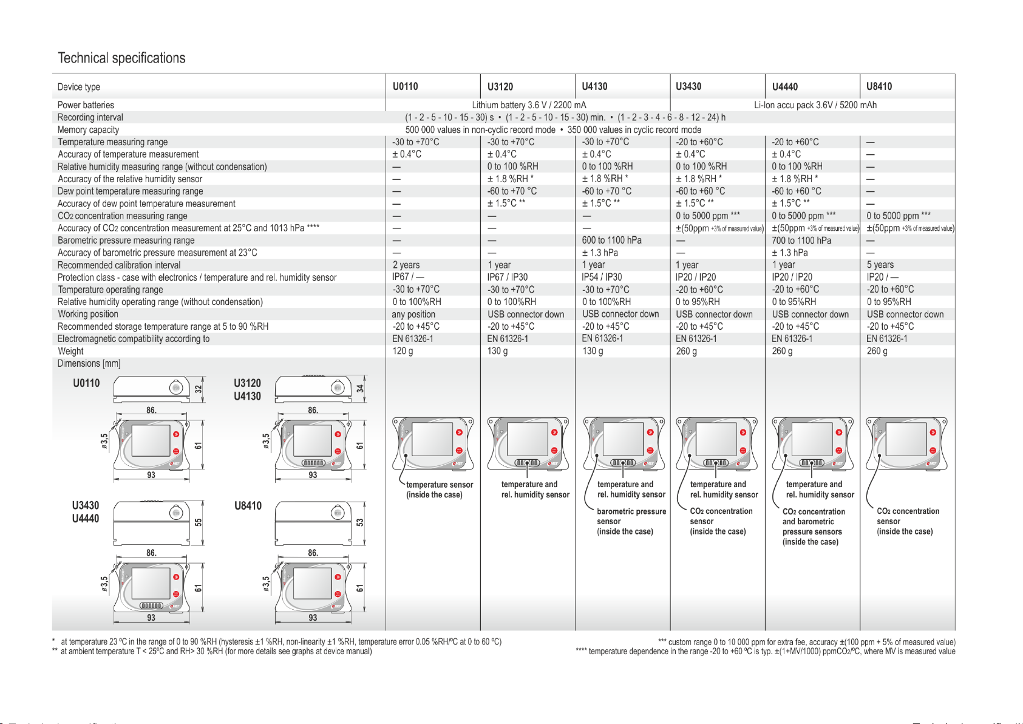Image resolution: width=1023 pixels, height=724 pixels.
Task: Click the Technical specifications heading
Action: coord(121,58)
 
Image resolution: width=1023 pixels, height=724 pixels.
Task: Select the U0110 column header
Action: coord(405,86)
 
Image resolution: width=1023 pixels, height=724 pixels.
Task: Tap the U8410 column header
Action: coord(879,86)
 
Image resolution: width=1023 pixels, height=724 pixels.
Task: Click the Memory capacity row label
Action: coord(88,130)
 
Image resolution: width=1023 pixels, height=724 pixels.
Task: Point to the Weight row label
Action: coord(70,351)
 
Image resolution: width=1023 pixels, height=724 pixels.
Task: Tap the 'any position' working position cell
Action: coord(413,314)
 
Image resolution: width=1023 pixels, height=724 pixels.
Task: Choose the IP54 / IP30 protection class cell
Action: coord(602,277)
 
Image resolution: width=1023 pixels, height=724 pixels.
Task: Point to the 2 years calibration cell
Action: coord(406,265)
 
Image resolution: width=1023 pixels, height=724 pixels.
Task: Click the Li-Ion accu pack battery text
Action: coord(815,105)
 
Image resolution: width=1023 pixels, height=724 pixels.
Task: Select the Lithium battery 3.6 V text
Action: coord(529,105)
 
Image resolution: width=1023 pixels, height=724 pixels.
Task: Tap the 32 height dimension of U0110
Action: coord(199,389)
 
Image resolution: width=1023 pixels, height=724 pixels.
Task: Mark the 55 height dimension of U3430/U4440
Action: coord(199,522)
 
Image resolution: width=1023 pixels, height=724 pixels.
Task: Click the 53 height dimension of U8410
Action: coord(360,522)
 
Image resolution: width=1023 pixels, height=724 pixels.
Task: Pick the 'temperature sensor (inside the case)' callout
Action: coord(439,490)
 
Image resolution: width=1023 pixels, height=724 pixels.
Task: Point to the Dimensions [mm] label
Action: coord(89,364)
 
